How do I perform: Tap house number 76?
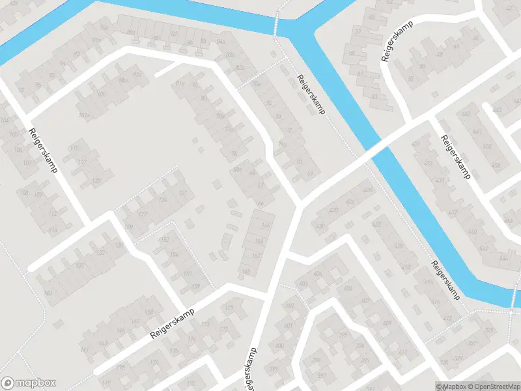click(234, 154)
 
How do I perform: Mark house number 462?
click(466, 115)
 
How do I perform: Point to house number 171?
click(229, 308)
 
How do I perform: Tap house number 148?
click(135, 321)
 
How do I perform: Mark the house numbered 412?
click(447, 318)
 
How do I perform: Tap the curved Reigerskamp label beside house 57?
click(395, 44)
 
